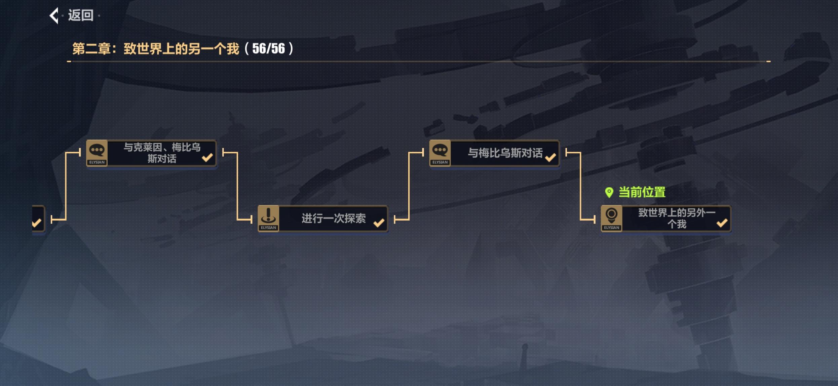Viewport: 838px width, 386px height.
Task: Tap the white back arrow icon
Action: click(54, 15)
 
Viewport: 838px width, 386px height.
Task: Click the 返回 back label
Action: click(81, 15)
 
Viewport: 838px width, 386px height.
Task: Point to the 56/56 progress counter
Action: click(268, 49)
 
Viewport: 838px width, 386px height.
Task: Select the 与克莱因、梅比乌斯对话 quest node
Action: click(162, 153)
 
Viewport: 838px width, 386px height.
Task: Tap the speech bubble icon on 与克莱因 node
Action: click(97, 150)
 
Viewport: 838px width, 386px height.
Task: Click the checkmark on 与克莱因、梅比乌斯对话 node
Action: click(207, 157)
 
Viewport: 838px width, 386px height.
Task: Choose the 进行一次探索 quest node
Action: click(333, 219)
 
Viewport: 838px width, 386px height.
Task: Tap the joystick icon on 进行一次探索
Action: click(268, 216)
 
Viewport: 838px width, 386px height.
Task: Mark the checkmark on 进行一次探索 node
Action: click(379, 223)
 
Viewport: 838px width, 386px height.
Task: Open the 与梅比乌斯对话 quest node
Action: click(505, 153)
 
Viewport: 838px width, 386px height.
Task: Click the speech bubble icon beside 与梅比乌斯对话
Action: click(440, 150)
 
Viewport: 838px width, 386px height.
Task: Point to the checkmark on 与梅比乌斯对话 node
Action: click(550, 157)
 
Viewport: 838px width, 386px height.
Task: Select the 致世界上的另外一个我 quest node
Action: click(676, 219)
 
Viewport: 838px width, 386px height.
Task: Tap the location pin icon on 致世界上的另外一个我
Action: click(611, 216)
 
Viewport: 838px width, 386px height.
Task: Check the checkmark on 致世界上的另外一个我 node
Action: click(722, 223)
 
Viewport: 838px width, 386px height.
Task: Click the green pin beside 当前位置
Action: click(609, 192)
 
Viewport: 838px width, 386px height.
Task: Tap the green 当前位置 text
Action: click(642, 192)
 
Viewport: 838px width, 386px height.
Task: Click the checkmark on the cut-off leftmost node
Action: click(36, 222)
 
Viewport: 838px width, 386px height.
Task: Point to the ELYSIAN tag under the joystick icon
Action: click(268, 228)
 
